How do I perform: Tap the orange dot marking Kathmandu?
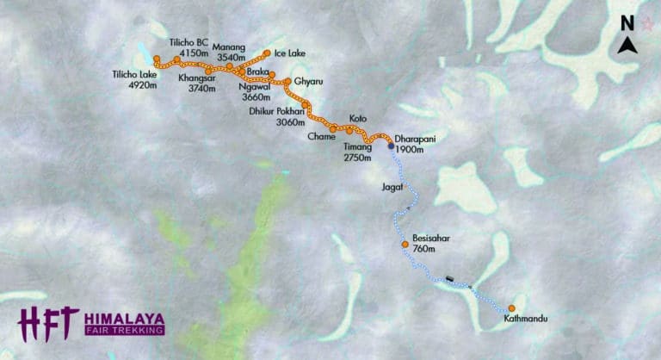tap(511, 307)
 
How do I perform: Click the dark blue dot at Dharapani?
tap(391, 146)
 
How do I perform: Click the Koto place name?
tap(357, 118)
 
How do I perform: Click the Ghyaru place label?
tap(307, 82)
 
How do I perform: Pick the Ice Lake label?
tap(289, 53)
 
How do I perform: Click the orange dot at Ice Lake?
tap(268, 53)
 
